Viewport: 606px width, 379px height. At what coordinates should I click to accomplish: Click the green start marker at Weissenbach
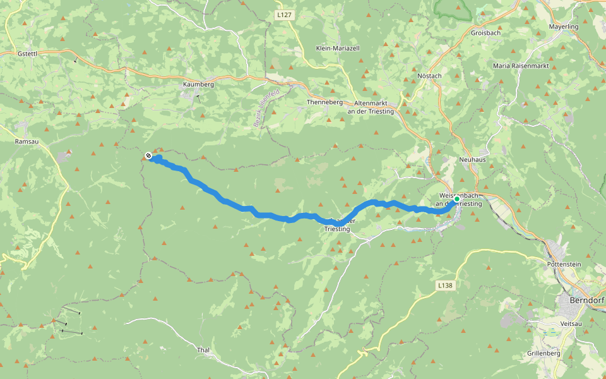pos(457,199)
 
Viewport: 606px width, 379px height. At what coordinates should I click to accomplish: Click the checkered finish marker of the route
pos(148,155)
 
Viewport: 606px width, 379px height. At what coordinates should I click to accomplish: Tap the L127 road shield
pos(284,14)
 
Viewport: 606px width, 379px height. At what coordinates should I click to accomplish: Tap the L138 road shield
pos(445,286)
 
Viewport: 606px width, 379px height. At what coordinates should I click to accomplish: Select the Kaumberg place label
pos(198,84)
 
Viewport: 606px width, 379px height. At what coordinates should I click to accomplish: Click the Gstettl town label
pos(28,54)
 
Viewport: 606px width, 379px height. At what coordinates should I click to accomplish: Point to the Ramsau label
pos(27,142)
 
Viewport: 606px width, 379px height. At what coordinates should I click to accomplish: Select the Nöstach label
pos(429,76)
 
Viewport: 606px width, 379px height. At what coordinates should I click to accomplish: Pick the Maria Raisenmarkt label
pos(521,66)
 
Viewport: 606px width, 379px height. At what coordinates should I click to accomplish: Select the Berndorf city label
pos(587,301)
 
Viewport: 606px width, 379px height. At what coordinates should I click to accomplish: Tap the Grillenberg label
pos(544,353)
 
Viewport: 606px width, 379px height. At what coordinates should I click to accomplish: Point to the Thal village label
pos(203,349)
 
